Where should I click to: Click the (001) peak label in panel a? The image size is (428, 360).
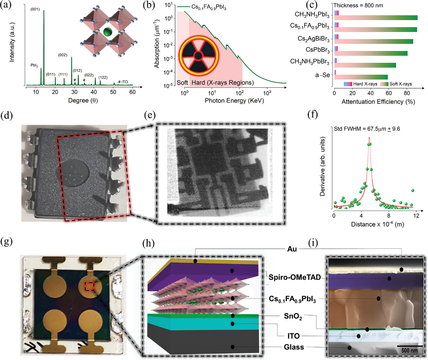(x=35, y=9)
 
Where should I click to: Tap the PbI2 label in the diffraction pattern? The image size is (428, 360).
(x=34, y=65)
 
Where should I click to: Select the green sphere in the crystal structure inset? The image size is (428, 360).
(x=108, y=32)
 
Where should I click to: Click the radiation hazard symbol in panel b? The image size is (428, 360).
(x=198, y=56)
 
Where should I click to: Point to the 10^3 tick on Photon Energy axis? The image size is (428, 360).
(x=267, y=93)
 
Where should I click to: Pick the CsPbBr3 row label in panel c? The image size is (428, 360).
(x=317, y=50)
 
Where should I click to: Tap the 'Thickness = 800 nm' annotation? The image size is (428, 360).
(x=358, y=5)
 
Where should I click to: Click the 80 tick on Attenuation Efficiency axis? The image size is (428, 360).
(x=407, y=93)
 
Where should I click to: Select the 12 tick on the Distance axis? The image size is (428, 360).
(x=416, y=216)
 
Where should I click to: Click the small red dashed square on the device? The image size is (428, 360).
(x=90, y=286)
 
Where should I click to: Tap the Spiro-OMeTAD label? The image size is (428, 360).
(x=295, y=277)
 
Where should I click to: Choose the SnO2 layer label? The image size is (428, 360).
(x=293, y=316)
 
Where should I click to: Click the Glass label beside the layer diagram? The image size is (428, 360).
(x=294, y=347)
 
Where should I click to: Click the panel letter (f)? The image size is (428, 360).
(x=312, y=114)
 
